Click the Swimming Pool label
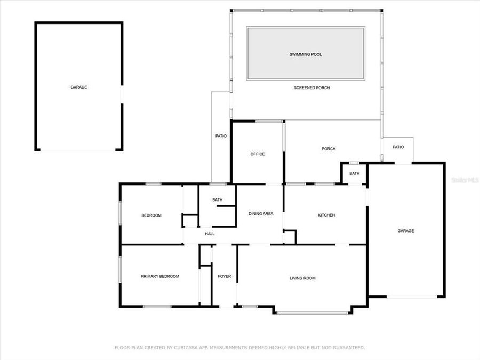(x=306, y=54)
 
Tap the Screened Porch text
(x=311, y=87)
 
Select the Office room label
(x=258, y=154)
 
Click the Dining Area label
(x=261, y=214)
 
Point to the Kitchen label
(x=326, y=215)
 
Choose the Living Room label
(x=302, y=278)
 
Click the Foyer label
(x=225, y=276)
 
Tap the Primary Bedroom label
(x=160, y=276)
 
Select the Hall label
(x=210, y=234)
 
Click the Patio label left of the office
(x=221, y=136)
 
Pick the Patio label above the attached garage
(x=398, y=147)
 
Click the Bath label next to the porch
(x=355, y=174)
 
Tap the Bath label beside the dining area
(x=217, y=200)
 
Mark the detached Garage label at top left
(x=79, y=87)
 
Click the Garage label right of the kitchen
(x=405, y=231)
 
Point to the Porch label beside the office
(x=328, y=149)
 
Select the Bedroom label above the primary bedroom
(x=151, y=215)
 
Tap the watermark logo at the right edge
(x=465, y=181)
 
